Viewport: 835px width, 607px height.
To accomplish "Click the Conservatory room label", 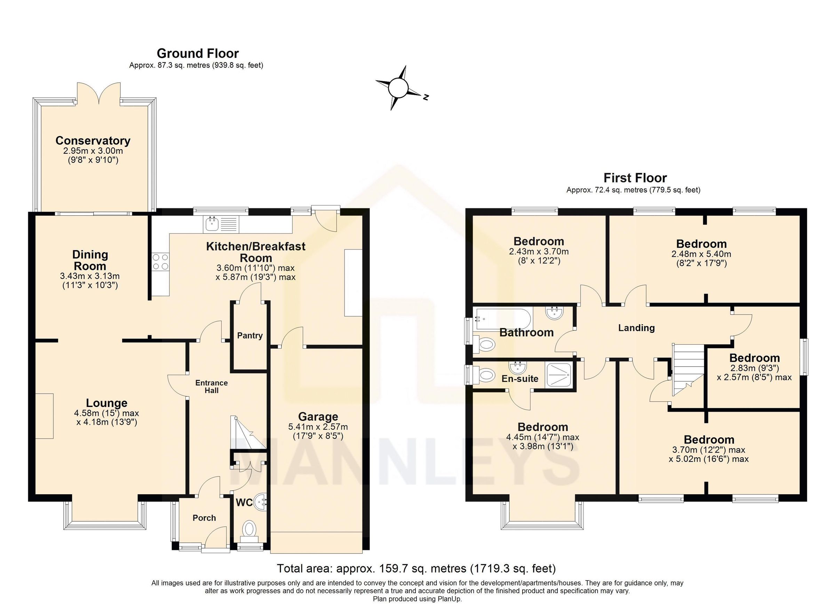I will pos(93,141).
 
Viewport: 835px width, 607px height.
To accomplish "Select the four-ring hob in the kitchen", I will pos(160,262).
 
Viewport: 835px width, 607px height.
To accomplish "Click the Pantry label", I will pos(249,335).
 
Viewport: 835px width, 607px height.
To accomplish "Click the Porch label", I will pos(204,518).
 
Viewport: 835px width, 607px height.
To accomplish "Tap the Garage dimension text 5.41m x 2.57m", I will pos(318,427).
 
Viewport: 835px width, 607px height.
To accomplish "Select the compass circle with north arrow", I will pos(398,88).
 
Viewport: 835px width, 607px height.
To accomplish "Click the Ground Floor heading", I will pos(198,53).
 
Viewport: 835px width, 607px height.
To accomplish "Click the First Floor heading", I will pos(635,178).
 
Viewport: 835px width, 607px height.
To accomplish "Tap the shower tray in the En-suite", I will pos(559,375).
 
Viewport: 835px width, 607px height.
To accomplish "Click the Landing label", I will pos(636,328).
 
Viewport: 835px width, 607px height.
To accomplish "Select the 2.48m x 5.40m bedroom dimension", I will pos(701,254).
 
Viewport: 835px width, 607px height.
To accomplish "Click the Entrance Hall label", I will pos(211,386).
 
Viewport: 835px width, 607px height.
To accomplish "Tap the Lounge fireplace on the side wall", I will pos(45,416).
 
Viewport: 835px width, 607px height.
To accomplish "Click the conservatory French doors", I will pos(99,94).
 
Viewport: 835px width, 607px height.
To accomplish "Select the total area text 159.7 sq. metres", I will pos(416,568).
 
